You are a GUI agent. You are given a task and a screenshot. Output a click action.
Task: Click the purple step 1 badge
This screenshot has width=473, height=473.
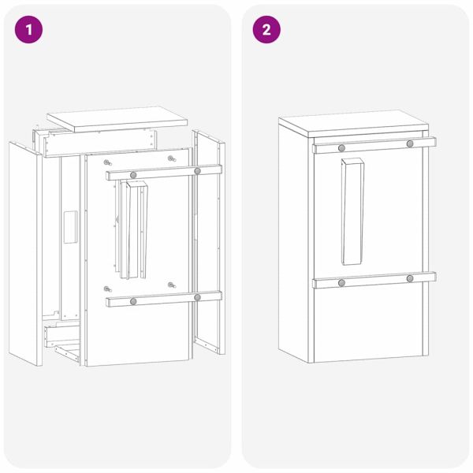tap(29, 30)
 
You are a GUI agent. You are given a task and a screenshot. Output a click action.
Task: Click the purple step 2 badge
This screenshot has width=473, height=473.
tap(266, 30)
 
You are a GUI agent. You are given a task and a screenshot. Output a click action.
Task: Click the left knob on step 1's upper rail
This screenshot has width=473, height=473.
tap(133, 173)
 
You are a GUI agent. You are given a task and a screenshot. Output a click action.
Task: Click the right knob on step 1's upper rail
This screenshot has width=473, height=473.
tap(197, 170)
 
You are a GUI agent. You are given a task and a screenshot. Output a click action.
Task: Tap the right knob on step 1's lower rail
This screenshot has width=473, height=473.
tap(197, 297)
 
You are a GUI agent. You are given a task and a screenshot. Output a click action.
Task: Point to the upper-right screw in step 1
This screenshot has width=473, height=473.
tap(170, 158)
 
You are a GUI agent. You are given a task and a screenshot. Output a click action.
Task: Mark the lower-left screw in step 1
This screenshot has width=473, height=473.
tap(107, 289)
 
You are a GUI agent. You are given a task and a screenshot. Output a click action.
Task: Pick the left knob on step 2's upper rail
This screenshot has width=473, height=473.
tap(341, 147)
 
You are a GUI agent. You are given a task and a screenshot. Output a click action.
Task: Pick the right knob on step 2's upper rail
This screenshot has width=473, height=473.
tap(410, 143)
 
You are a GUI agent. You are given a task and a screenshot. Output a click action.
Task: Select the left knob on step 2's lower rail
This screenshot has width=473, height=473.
tap(341, 282)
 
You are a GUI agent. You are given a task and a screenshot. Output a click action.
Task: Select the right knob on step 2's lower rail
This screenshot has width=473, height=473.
tap(410, 278)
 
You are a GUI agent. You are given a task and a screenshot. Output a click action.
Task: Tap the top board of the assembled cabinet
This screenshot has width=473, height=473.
tap(355, 125)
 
